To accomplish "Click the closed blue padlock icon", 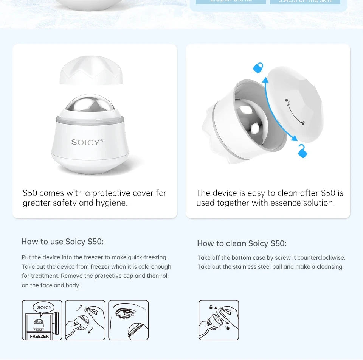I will coord(258,67).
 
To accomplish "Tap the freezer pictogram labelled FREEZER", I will coord(42,320).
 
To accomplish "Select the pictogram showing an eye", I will coord(129,320).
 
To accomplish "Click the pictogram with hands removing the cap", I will coord(85,320).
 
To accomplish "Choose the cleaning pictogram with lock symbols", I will coord(219,320).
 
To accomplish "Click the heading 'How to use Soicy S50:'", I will coord(62,242).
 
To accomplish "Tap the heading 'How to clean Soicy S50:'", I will coord(242,243).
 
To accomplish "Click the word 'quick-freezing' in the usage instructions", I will coord(148,257).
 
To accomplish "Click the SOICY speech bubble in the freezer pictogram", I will coord(44,307).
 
